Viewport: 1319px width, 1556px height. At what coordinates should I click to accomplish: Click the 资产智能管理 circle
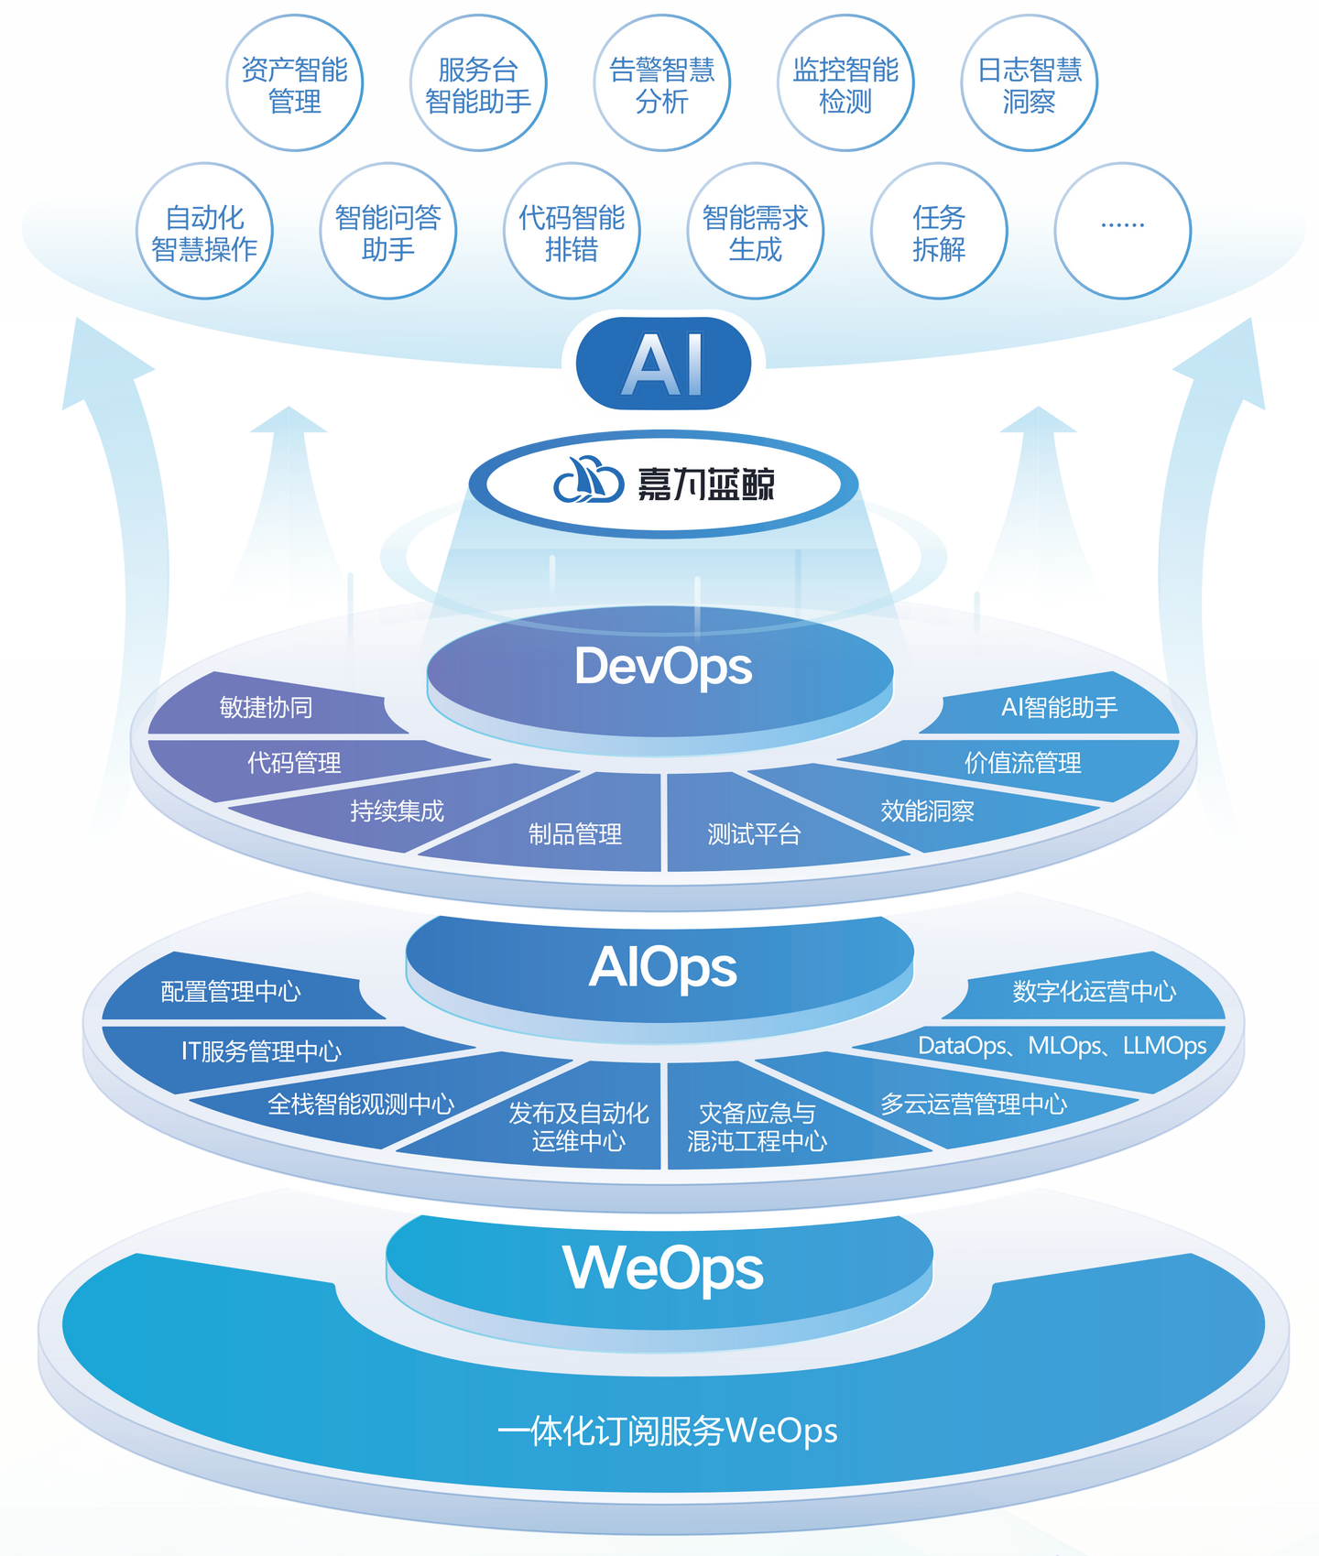click(x=295, y=84)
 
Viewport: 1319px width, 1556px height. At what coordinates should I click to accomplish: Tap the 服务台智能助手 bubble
click(x=478, y=84)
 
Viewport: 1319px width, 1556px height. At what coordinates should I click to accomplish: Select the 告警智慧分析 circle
click(x=662, y=84)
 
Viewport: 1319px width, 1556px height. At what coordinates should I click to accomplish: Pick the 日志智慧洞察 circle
click(x=1030, y=84)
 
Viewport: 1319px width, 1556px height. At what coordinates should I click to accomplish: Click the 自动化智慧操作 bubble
click(x=204, y=232)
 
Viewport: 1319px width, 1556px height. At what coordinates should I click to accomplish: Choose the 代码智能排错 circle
click(x=572, y=232)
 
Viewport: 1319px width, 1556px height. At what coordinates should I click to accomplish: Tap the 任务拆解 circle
click(x=939, y=232)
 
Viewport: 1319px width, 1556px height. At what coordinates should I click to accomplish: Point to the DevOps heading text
click(x=663, y=666)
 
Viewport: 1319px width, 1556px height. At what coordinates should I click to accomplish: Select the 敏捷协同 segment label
click(x=266, y=707)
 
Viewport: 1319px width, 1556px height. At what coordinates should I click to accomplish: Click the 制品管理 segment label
click(x=575, y=833)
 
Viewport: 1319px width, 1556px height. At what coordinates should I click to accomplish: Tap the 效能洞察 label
click(x=927, y=811)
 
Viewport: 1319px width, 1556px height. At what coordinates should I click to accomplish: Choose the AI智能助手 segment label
click(x=1059, y=707)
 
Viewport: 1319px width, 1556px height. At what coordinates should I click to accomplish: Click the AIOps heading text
click(x=662, y=967)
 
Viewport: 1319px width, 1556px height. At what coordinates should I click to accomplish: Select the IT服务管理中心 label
click(x=261, y=1050)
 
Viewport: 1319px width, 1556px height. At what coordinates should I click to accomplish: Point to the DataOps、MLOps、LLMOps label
click(x=1062, y=1046)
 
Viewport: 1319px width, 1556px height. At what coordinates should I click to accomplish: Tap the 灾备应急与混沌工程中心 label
click(x=758, y=1126)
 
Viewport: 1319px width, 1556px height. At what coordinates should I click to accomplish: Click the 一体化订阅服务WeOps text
click(x=667, y=1431)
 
